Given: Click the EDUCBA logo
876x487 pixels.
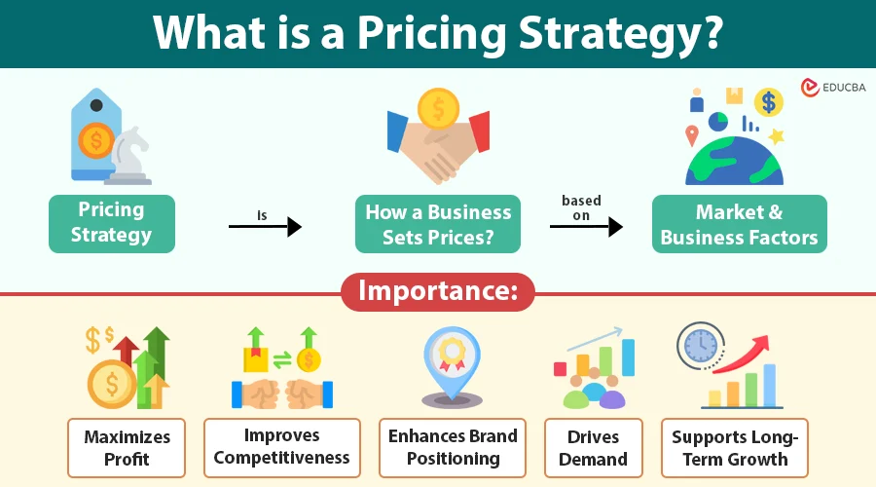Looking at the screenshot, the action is (833, 88).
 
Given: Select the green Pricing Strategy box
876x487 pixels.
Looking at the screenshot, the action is (112, 224).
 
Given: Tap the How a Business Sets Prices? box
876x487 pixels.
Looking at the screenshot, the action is (438, 224).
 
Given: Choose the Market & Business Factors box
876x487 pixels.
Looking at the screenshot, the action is (739, 224).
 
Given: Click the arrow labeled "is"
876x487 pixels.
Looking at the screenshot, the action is (265, 226).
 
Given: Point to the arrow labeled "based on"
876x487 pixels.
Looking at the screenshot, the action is (586, 226).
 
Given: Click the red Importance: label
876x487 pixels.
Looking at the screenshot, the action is (438, 291).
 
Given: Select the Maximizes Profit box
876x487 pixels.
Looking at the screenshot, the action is (127, 448).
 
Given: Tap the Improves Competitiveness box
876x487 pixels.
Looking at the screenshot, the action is (282, 448).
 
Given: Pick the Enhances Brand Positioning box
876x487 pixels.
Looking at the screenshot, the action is (453, 448).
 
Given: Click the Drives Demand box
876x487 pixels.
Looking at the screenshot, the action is (594, 448).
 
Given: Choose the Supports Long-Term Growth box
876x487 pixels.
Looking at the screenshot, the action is (735, 448).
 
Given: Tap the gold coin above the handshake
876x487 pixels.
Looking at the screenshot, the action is (438, 109).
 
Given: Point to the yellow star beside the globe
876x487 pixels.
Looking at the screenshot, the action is (776, 135).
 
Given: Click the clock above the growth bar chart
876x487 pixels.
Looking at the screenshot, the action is (701, 346).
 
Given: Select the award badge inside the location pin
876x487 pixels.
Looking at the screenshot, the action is (452, 355).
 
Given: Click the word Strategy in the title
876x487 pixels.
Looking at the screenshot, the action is (620, 33).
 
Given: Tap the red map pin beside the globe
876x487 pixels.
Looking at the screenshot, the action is (692, 135).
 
